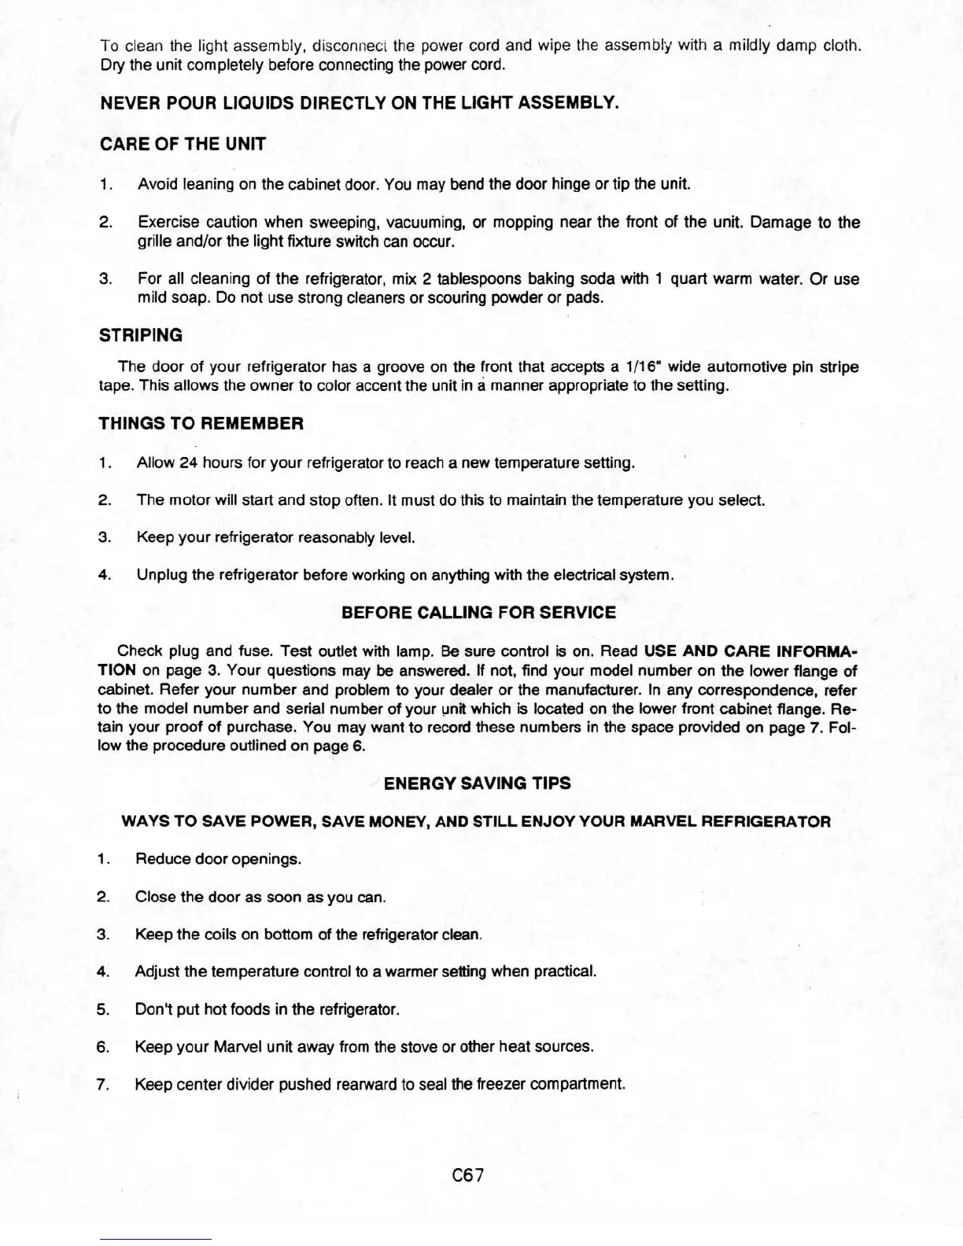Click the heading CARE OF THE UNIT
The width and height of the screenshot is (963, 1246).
coord(183,144)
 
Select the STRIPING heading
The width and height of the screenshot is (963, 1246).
coord(140,335)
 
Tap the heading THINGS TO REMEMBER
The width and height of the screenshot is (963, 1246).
coord(201,423)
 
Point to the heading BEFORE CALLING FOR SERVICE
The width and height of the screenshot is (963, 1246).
coord(478,612)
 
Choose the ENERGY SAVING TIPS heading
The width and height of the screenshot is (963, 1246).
coord(477,783)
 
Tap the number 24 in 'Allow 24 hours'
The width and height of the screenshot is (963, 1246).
coord(187,463)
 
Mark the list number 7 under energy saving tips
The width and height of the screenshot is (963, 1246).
coord(101,1085)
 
